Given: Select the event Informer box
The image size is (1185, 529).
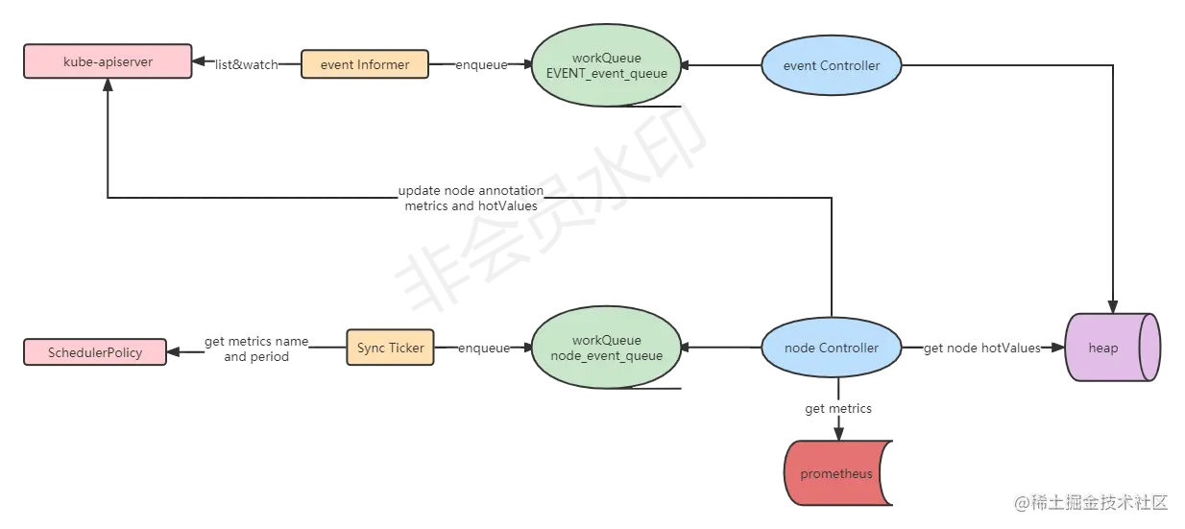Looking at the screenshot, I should pos(364,65).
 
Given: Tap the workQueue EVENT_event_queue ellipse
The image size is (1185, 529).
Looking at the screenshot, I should pos(606,65).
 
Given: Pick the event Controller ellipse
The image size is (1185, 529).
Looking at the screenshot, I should pos(833,65).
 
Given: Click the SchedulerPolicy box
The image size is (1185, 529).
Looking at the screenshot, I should pos(95,352).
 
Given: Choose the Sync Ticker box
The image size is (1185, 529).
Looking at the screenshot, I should pos(390,348).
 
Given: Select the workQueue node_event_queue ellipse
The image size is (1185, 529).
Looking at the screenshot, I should pos(606,348).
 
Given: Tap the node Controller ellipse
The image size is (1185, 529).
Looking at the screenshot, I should pos(832,348).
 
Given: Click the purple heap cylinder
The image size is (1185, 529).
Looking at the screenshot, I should pos(1111,348).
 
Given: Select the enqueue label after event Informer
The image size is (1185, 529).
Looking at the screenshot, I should pos(483,65).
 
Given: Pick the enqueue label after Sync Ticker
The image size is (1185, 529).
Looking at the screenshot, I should pos(483,348).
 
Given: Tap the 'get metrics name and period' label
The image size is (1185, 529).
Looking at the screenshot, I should pos(257,349).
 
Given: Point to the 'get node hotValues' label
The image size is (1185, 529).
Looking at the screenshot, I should pos(982,348).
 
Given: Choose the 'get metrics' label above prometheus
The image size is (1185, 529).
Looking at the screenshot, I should pos(837,409).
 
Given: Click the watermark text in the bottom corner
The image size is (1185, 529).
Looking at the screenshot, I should pos(1090,501).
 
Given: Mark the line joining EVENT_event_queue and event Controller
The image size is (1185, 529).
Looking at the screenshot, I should pos(720,65).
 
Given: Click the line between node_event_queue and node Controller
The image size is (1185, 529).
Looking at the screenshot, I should pos(720,348).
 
